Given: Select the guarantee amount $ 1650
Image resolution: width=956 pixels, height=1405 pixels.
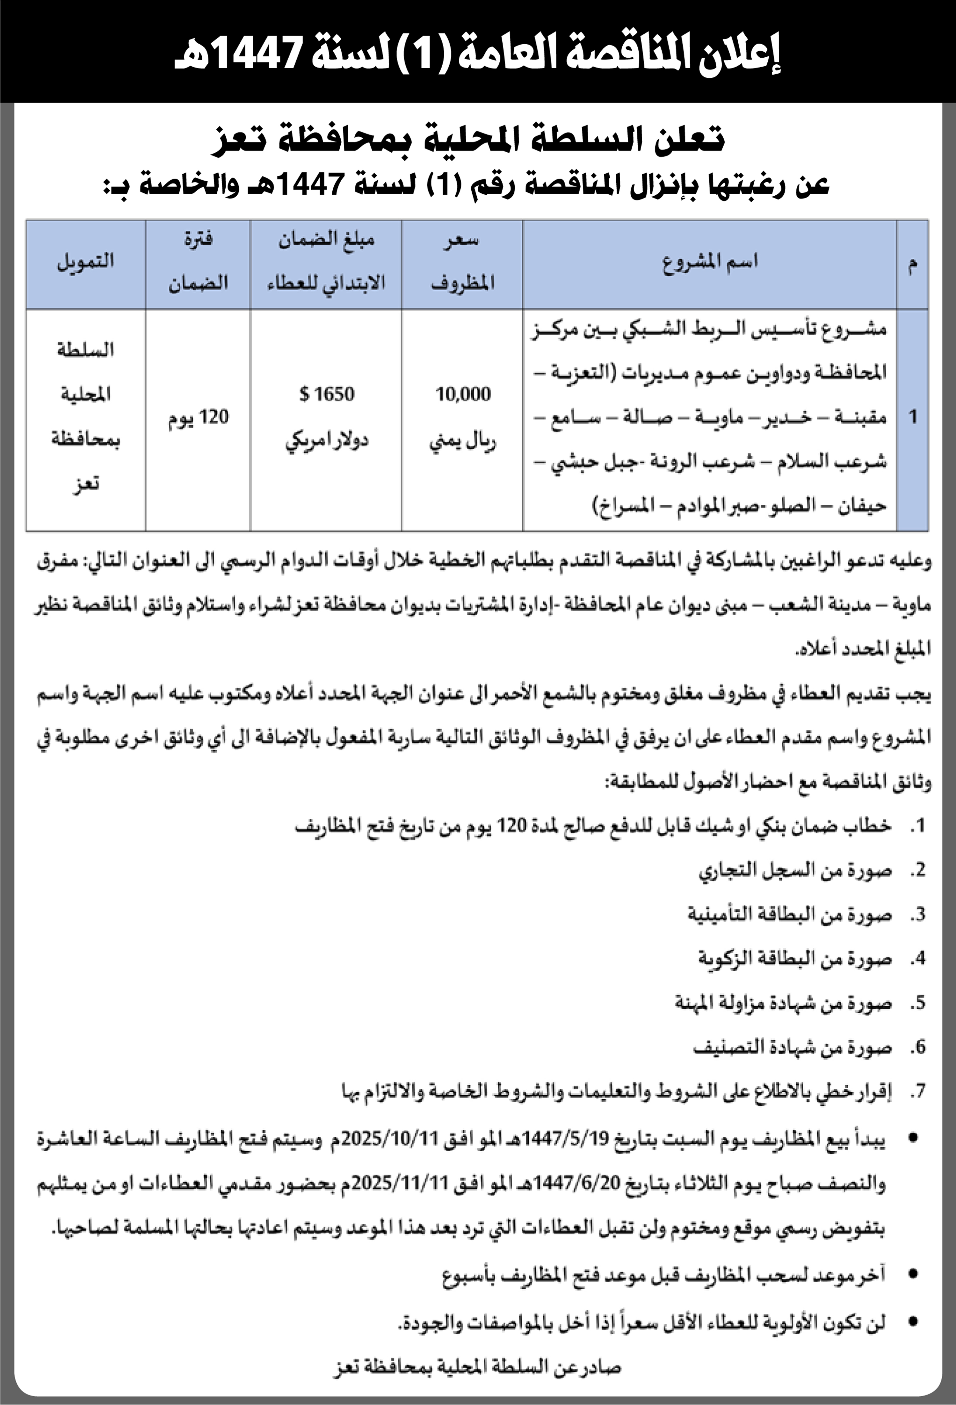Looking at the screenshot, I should tap(327, 394).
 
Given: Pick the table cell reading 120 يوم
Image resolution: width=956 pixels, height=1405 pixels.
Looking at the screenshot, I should tap(198, 417).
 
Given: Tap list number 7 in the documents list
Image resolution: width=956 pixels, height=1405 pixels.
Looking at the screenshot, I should tap(919, 1092).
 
